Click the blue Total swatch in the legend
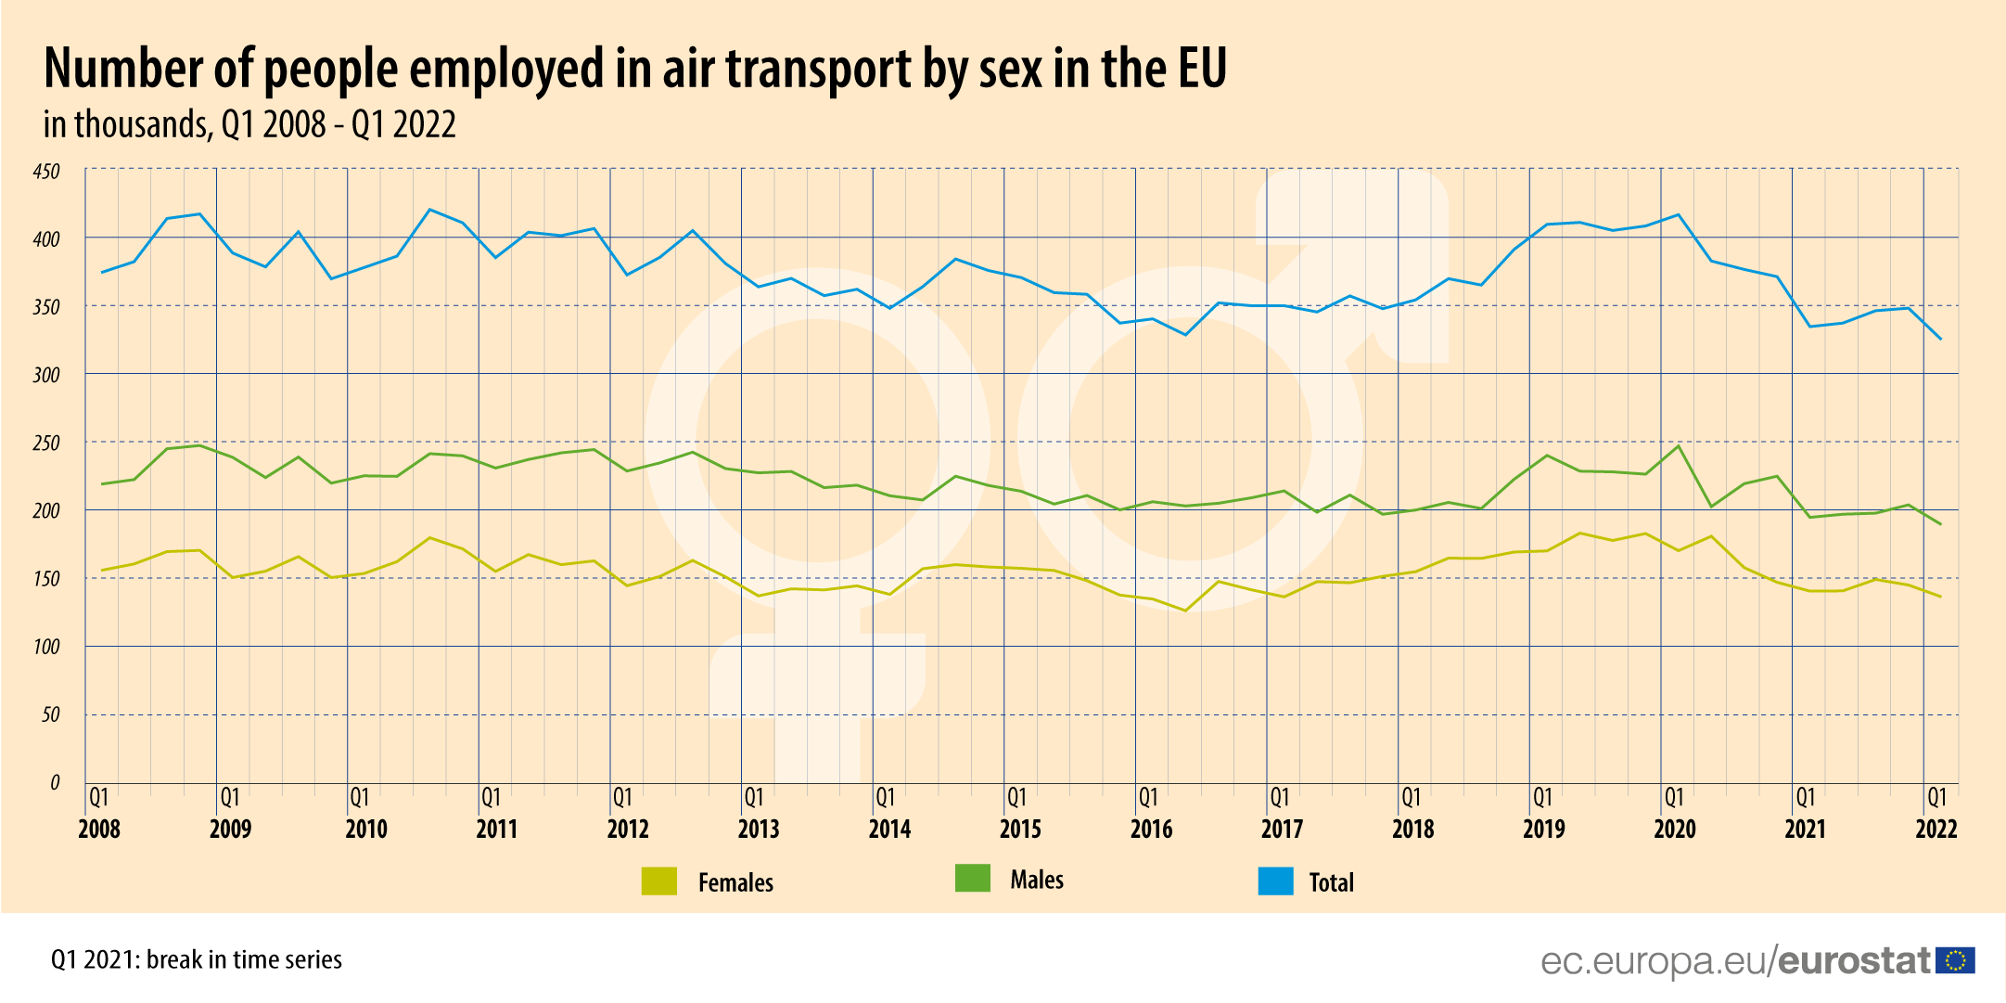1275,881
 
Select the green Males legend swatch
973,879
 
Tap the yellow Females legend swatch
659,881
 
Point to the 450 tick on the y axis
46,172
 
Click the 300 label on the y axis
46,375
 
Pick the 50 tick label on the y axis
50,714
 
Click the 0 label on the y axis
55,782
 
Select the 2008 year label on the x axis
99,829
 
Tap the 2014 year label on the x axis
889,829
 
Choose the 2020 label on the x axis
1675,829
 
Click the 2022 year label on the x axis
1936,829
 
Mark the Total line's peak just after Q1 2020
1678,214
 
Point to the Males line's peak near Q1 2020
1678,446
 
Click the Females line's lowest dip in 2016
1184,611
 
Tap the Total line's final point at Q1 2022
1941,339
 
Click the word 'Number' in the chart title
123,69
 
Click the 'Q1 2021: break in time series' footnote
197,959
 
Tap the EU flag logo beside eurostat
1957,960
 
